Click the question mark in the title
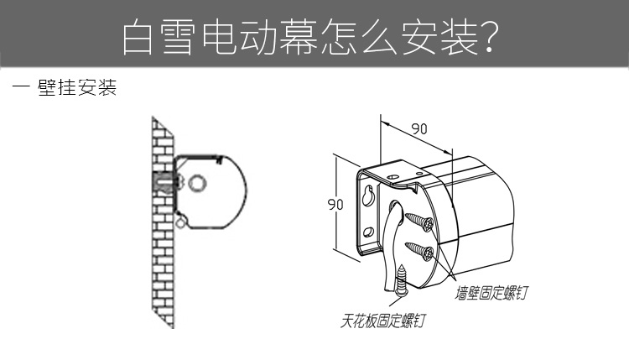click(489, 37)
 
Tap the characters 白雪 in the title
click(160, 37)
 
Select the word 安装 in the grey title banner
click(439, 37)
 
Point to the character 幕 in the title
click(299, 37)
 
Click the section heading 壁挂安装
click(77, 87)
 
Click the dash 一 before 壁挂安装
click(21, 86)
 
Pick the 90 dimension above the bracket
click(419, 129)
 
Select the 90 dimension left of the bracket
click(335, 204)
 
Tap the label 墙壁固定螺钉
click(491, 293)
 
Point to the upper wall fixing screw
click(419, 222)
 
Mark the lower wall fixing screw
click(419, 251)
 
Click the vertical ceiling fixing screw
click(401, 280)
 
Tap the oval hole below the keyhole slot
click(369, 232)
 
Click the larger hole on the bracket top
click(392, 175)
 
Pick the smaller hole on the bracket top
click(419, 174)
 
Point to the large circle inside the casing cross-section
click(197, 184)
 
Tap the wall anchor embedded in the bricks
click(166, 182)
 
